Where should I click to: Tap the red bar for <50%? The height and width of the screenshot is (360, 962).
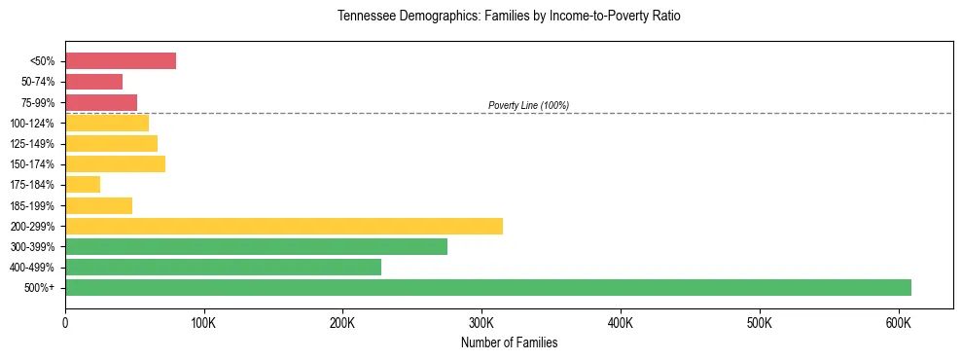click(x=121, y=61)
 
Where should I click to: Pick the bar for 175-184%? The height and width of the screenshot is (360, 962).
click(x=83, y=184)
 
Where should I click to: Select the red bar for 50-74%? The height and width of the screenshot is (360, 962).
click(x=93, y=82)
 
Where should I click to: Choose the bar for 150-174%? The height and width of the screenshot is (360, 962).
click(x=115, y=163)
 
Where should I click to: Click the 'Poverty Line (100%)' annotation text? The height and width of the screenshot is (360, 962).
click(x=528, y=105)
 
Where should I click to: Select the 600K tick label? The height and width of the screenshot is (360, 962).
click(x=898, y=323)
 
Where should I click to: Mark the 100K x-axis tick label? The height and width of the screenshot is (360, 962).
click(x=203, y=323)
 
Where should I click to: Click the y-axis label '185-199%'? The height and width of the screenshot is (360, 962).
click(x=35, y=205)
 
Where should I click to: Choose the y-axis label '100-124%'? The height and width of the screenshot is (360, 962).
click(x=35, y=124)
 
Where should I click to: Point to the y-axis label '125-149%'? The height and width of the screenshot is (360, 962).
click(x=35, y=144)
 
